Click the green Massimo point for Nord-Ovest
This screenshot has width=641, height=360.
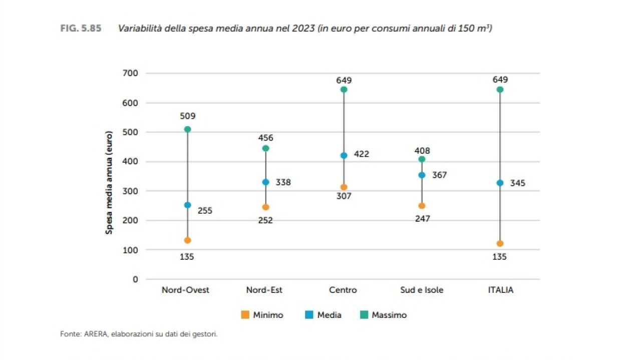pyautogui.click(x=187, y=129)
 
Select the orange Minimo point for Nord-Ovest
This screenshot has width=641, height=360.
pyautogui.click(x=187, y=240)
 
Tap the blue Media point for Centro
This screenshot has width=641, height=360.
pyautogui.click(x=344, y=155)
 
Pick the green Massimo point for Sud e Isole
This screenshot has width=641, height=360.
pyautogui.click(x=422, y=159)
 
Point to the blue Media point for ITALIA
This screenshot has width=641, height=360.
pyautogui.click(x=500, y=183)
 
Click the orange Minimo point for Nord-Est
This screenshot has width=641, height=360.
pyautogui.click(x=265, y=207)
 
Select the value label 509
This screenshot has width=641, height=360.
pyautogui.click(x=187, y=116)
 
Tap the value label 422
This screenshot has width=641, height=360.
pyautogui.click(x=361, y=154)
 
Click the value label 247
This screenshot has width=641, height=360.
pyautogui.click(x=422, y=219)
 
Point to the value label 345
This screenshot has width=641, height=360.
pyautogui.click(x=517, y=183)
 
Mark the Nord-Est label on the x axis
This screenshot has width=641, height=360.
pyautogui.click(x=264, y=290)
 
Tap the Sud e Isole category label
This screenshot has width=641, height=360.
pyautogui.click(x=422, y=290)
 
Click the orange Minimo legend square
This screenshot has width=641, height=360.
pyautogui.click(x=245, y=315)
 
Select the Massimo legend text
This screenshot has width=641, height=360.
pyautogui.click(x=389, y=315)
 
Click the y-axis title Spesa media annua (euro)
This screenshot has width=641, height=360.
pyautogui.click(x=109, y=182)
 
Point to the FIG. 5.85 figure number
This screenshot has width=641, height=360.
pyautogui.click(x=81, y=29)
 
